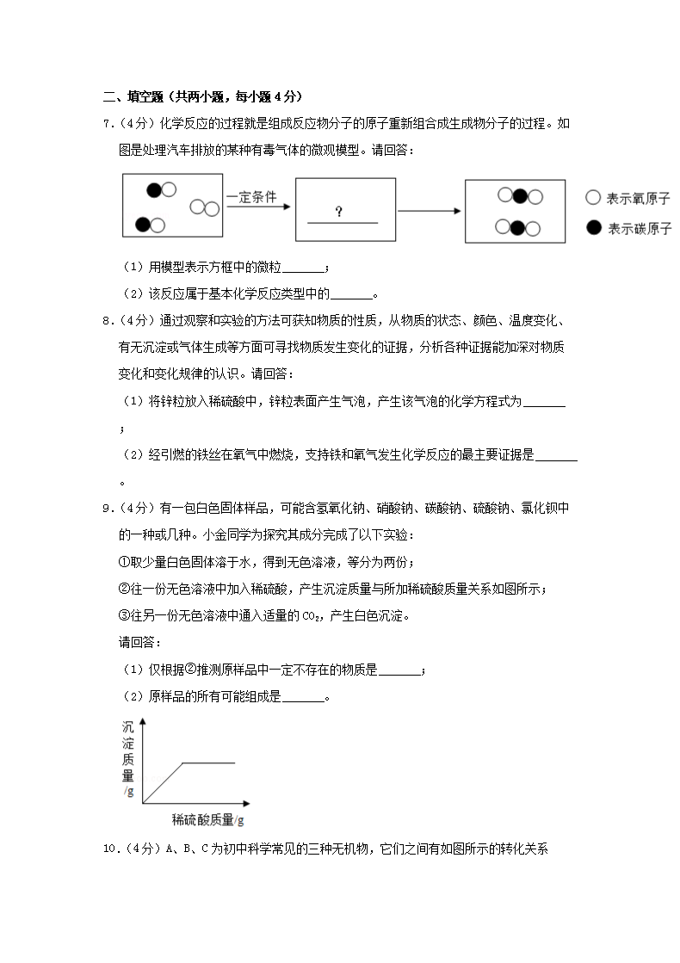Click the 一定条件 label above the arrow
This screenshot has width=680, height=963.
click(x=251, y=196)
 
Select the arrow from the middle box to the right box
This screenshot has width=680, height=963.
click(x=430, y=209)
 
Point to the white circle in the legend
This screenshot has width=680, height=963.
click(x=592, y=197)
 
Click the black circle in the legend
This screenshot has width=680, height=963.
click(x=592, y=228)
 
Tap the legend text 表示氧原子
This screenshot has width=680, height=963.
click(x=638, y=198)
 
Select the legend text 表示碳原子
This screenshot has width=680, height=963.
click(x=638, y=229)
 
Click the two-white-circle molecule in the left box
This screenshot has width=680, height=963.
click(x=205, y=207)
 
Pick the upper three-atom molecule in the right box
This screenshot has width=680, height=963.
click(x=520, y=196)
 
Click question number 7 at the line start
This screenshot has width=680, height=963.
click(x=108, y=124)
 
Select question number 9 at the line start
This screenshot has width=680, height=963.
click(x=108, y=508)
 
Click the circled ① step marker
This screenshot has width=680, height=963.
click(x=122, y=563)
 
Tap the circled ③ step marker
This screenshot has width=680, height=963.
click(x=122, y=616)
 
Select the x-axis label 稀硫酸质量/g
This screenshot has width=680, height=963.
click(x=207, y=819)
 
